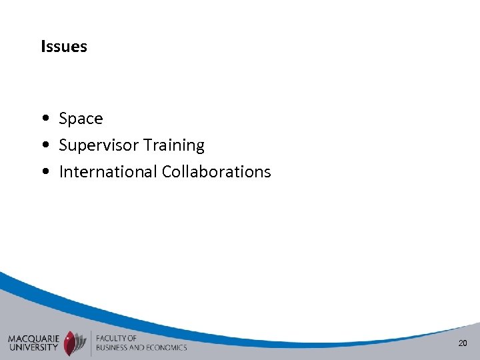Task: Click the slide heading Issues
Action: coord(64,47)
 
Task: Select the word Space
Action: coord(81,119)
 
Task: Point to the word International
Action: coord(108,171)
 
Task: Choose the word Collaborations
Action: coord(217,171)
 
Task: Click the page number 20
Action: coord(462,343)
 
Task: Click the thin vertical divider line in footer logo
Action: coord(90,342)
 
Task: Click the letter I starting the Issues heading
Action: coord(43,47)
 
